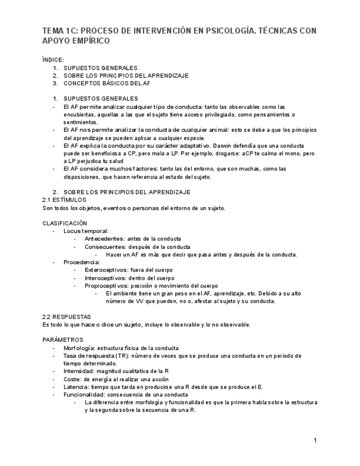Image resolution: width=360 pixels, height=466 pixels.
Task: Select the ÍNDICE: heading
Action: [53, 59]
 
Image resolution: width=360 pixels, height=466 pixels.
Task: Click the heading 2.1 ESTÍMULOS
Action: [64, 200]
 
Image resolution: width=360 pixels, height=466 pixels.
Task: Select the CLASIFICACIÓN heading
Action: [65, 223]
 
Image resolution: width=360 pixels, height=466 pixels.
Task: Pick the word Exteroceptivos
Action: [107, 270]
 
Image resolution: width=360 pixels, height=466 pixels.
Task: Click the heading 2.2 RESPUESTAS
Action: [67, 317]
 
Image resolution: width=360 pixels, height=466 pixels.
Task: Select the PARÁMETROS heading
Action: [63, 340]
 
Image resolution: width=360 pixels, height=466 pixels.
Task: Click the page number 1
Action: [315, 440]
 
